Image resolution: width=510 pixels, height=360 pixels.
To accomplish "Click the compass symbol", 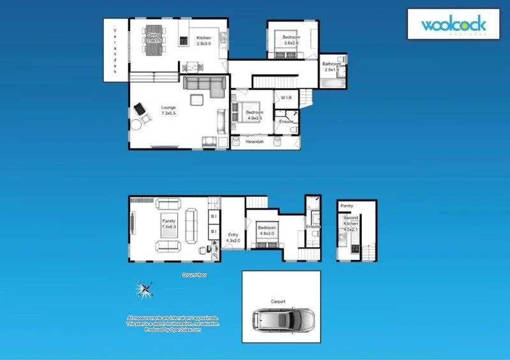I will point(146,291).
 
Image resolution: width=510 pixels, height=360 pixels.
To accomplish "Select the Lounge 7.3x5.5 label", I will point(168,110).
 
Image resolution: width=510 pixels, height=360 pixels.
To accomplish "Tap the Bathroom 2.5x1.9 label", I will point(333,67).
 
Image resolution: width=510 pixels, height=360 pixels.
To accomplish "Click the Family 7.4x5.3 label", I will point(168,224).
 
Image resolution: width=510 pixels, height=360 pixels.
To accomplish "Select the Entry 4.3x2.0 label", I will point(233,238).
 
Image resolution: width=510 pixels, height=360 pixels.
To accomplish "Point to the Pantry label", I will point(347,206).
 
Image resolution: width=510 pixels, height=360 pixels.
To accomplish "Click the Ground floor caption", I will point(194,275).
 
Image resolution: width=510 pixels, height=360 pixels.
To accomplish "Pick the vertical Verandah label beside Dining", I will point(115,51).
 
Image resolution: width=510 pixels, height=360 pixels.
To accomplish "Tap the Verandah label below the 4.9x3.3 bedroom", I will point(255,141).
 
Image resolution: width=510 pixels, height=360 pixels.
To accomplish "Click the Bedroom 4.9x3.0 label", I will point(267,230).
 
